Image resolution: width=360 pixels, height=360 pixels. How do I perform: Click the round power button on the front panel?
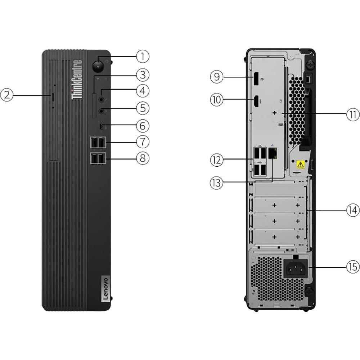coord(98,66)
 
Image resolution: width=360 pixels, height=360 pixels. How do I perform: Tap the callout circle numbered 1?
coord(143,56)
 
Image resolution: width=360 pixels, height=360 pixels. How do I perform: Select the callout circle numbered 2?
coord(7,95)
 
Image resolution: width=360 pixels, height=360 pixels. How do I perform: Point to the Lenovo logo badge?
coord(104,288)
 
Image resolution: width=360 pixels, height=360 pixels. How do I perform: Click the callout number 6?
coord(143,126)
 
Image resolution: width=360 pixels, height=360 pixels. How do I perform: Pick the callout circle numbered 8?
coord(143,158)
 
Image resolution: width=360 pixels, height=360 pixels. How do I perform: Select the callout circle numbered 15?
coord(353,267)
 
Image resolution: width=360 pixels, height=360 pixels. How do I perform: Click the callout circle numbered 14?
coord(353,210)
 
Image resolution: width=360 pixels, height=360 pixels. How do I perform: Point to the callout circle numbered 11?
coord(353,114)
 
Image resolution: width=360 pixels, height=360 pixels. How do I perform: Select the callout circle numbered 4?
coord(143,90)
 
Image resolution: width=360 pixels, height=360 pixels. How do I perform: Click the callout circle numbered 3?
coord(143,75)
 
